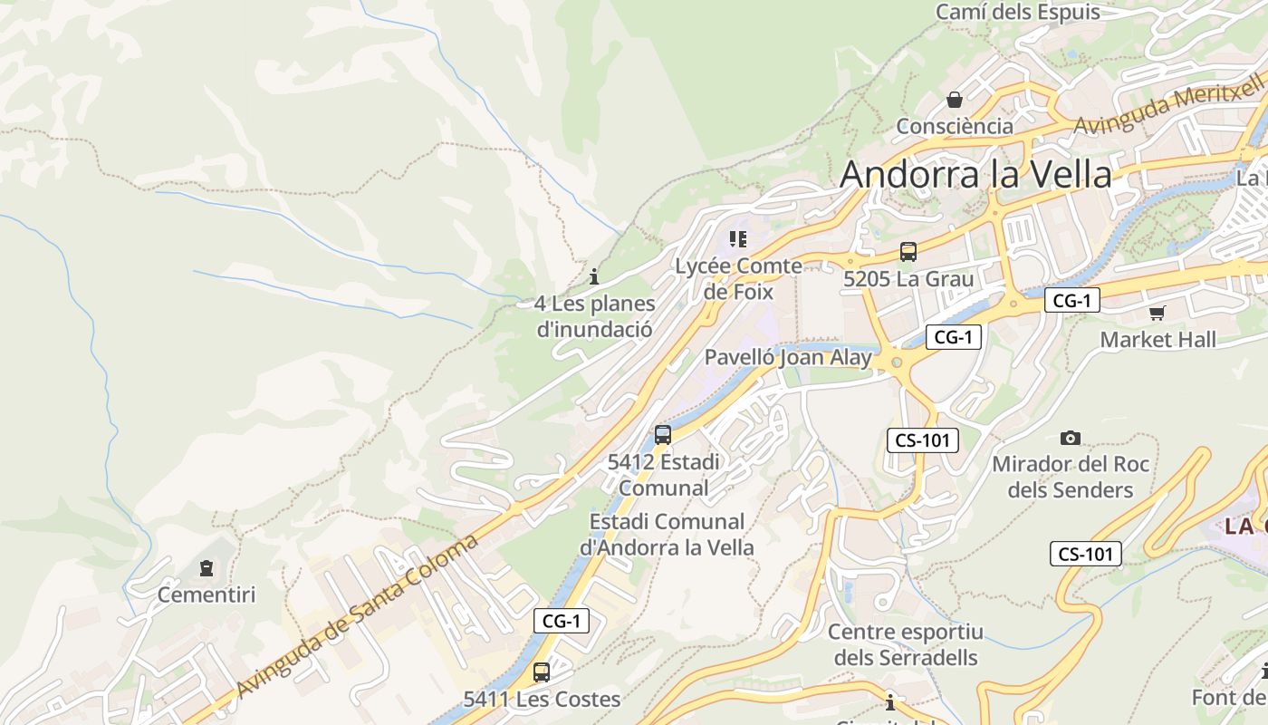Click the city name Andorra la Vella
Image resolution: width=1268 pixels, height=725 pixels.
(975, 174)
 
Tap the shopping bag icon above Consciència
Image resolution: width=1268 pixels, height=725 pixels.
(954, 100)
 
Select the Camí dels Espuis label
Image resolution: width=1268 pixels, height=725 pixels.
(1017, 12)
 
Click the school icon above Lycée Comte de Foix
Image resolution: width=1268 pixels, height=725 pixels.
(738, 239)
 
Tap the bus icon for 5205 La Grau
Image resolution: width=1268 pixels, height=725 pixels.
(908, 253)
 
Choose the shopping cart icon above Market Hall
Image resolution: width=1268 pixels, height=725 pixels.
(1157, 314)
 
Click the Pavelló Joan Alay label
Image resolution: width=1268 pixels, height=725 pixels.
(788, 357)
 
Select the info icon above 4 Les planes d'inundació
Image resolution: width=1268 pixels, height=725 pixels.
(594, 276)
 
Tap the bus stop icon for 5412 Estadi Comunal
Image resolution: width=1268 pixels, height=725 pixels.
(663, 435)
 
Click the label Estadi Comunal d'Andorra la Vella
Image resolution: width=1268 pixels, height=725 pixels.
(667, 535)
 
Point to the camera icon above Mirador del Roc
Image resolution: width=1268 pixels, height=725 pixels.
(1071, 439)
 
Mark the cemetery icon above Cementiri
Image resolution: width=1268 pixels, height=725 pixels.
(207, 569)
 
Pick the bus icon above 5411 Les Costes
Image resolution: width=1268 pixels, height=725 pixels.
(542, 672)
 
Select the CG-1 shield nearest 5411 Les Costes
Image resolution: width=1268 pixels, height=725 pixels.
(562, 621)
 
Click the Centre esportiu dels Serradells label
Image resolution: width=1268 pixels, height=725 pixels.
(905, 644)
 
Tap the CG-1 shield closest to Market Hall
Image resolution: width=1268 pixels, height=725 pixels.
(1071, 301)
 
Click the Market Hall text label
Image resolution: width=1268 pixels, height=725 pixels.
(1158, 340)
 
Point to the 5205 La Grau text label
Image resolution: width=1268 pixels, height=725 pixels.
(908, 279)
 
